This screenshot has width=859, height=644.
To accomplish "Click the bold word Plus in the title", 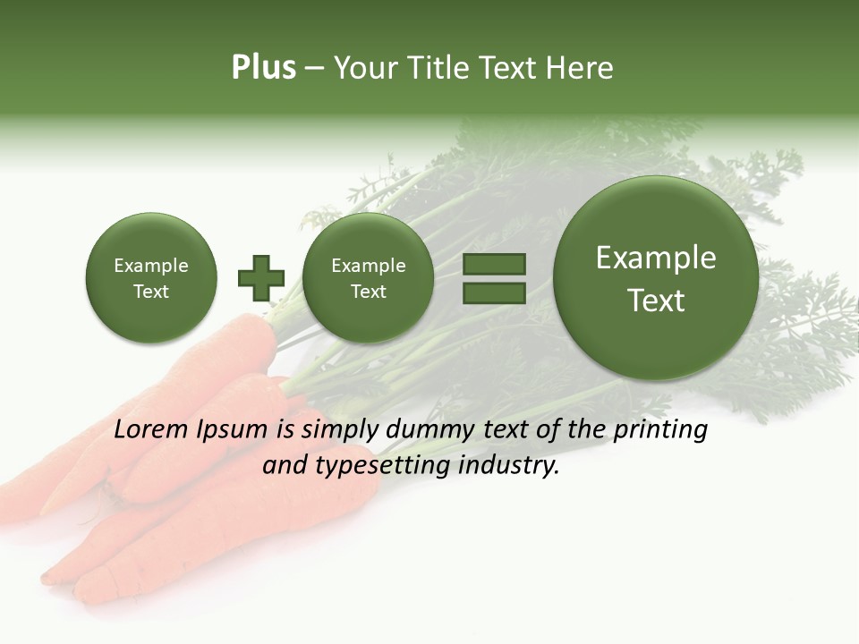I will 263,68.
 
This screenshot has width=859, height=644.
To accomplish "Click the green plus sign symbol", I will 261,277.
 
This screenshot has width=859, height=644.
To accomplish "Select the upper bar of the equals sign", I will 493,264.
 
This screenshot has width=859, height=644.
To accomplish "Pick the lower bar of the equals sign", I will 493,291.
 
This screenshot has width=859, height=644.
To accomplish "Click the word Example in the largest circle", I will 656,258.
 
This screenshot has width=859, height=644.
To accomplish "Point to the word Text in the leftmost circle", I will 150,292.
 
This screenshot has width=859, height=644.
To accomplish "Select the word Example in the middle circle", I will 368,266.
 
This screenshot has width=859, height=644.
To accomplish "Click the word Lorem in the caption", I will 151,429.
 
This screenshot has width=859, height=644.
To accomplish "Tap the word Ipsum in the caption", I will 233,430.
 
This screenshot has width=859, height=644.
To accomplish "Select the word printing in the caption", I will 659,430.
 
